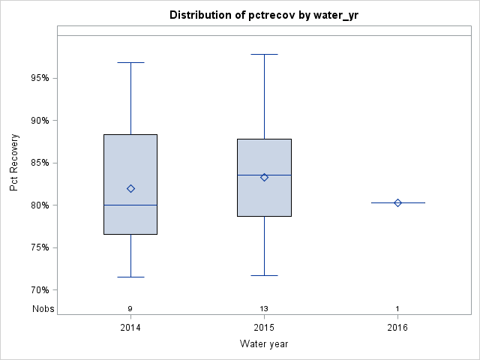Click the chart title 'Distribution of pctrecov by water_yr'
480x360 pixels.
(x=264, y=15)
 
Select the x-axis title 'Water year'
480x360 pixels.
(x=264, y=344)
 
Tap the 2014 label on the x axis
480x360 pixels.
(x=130, y=328)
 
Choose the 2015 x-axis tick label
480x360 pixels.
(x=264, y=328)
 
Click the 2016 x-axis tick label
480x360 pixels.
(x=397, y=328)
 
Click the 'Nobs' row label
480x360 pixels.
(x=42, y=308)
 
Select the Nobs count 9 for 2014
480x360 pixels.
(x=130, y=308)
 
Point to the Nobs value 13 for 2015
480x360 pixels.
(x=264, y=308)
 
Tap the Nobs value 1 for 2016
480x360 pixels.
(x=397, y=308)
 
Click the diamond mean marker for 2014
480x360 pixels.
(x=130, y=189)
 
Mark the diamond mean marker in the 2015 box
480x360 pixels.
(x=264, y=178)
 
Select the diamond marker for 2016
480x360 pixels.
(x=397, y=202)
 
